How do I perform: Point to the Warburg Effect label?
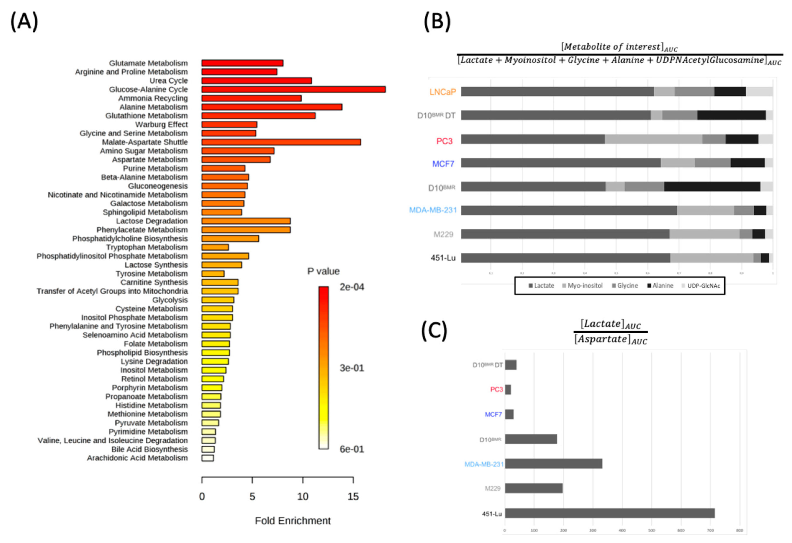click(x=161, y=124)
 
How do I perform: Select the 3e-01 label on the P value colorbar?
click(x=352, y=368)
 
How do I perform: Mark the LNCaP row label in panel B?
click(x=442, y=92)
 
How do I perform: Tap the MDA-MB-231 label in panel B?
click(x=433, y=210)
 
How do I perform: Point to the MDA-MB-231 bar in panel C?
click(x=553, y=464)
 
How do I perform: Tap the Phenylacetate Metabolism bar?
click(x=246, y=230)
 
